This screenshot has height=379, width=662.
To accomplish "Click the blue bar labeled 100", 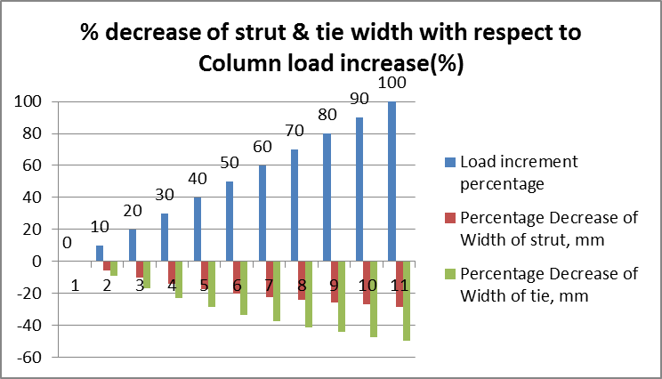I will coord(392,181).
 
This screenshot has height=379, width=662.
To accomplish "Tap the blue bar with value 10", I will coord(100,254).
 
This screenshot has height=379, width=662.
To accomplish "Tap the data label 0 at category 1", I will coord(67,242).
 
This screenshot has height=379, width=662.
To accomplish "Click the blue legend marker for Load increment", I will coord(451,163).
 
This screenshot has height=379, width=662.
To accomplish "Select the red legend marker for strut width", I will coord(451,219).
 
